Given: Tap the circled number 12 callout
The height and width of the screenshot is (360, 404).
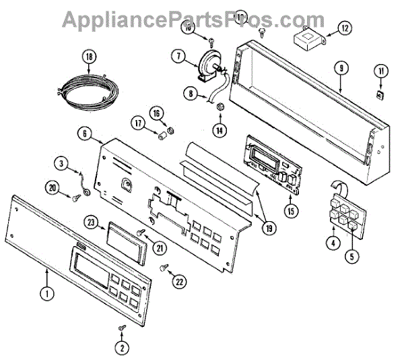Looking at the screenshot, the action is [344, 28].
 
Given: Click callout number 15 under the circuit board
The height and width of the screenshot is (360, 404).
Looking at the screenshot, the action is [291, 211].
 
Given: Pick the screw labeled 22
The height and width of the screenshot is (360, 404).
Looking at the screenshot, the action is [164, 268].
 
